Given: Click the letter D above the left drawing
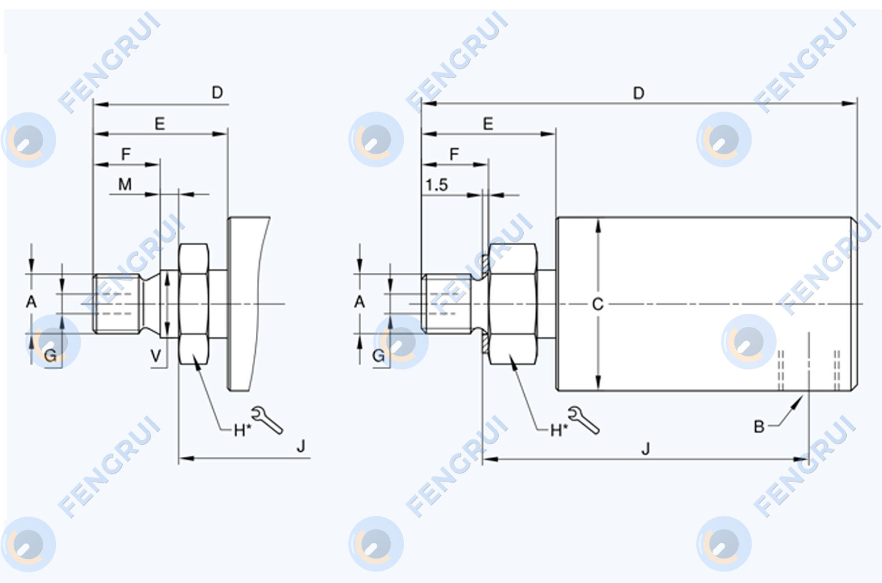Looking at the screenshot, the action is pyautogui.click(x=217, y=93).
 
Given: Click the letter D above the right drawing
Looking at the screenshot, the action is pyautogui.click(x=639, y=93).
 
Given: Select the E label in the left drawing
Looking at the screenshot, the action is pyautogui.click(x=159, y=123).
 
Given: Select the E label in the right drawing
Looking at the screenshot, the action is pyautogui.click(x=488, y=123).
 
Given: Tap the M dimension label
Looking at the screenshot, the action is pyautogui.click(x=125, y=184).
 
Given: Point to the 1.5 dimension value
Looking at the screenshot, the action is pyautogui.click(x=437, y=185).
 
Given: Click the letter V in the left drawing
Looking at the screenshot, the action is pyautogui.click(x=156, y=356).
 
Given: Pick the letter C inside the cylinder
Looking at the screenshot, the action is pyautogui.click(x=598, y=304).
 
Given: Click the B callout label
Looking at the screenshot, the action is pyautogui.click(x=759, y=427).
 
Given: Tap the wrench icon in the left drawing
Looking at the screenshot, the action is pyautogui.click(x=267, y=420).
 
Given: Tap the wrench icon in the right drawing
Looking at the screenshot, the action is pyautogui.click(x=584, y=420).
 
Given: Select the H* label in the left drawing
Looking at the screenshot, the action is pyautogui.click(x=242, y=431).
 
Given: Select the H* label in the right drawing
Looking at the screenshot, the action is pyautogui.click(x=559, y=431).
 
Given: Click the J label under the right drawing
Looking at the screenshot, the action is pyautogui.click(x=646, y=449).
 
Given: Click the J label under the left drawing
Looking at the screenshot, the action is pyautogui.click(x=301, y=446).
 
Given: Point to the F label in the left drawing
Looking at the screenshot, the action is pyautogui.click(x=126, y=154).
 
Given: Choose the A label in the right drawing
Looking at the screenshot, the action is pyautogui.click(x=359, y=302).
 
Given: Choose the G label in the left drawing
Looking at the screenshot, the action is pyautogui.click(x=50, y=356).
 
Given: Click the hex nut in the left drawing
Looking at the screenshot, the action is pyautogui.click(x=193, y=304).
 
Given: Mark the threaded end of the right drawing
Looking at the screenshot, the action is pyautogui.click(x=447, y=304).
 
